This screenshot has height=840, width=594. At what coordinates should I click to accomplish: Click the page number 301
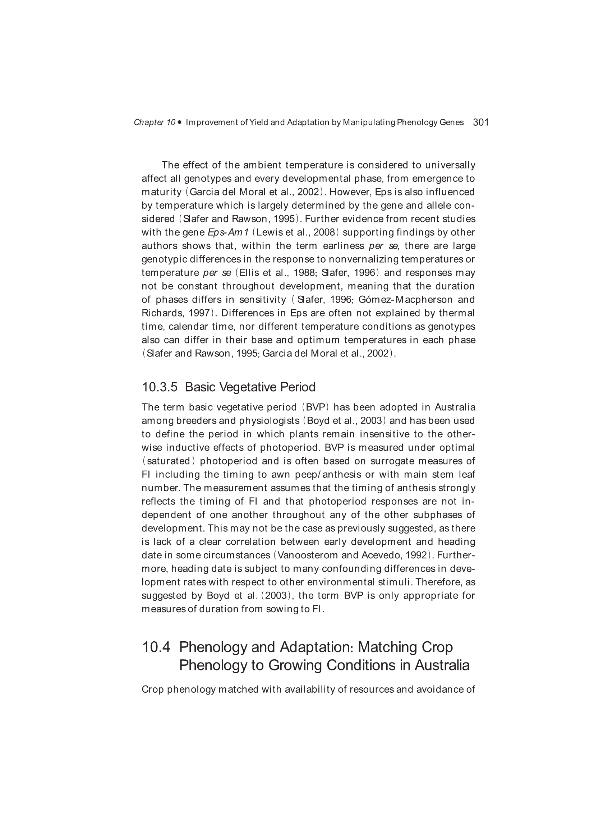(480, 122)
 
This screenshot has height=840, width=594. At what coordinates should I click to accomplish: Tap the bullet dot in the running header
(179, 122)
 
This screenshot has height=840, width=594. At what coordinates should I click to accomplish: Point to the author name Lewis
(266, 232)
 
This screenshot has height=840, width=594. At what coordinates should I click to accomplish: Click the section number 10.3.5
(160, 387)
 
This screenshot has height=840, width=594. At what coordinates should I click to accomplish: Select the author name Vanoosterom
(308, 555)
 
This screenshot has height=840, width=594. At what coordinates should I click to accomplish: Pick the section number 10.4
(156, 647)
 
